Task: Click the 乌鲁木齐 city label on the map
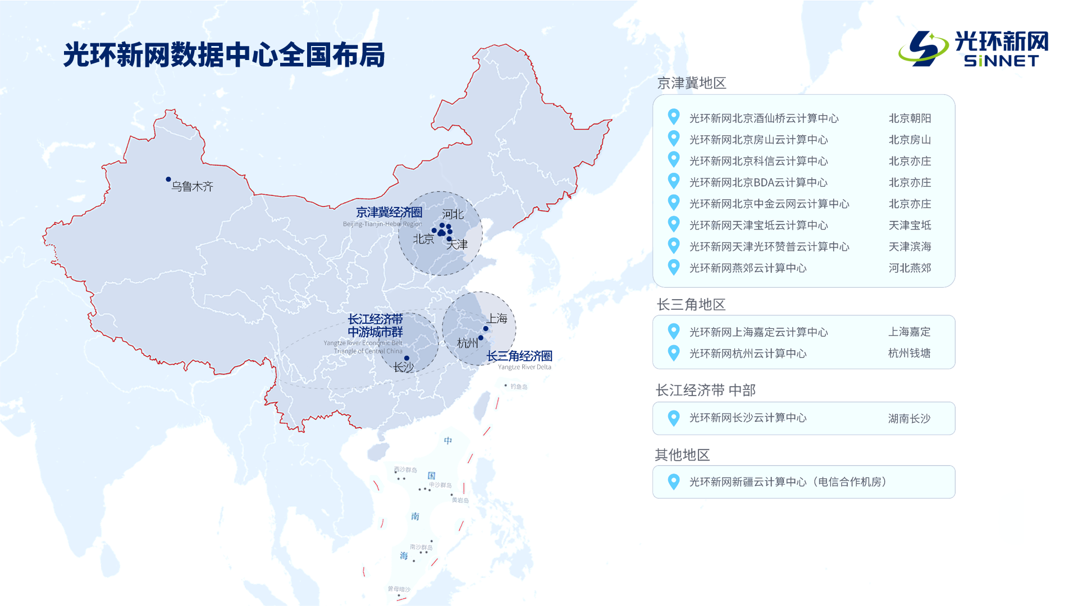(193, 186)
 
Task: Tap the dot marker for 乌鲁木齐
(168, 180)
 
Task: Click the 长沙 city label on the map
(403, 367)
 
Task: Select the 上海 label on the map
(497, 318)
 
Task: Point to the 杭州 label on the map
(467, 343)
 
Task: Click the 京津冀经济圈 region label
(389, 212)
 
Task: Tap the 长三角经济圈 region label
(519, 356)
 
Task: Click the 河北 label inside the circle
(453, 214)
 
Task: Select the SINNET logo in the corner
(974, 49)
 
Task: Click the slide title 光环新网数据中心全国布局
(224, 55)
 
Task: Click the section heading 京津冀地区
(691, 83)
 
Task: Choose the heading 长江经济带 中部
(705, 390)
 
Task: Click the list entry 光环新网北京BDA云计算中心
(758, 182)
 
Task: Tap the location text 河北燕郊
(910, 268)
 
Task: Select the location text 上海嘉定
(909, 332)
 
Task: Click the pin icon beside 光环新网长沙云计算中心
(674, 417)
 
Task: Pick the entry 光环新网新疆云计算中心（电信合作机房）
(788, 481)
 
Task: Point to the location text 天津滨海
(910, 246)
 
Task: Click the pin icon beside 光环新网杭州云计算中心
(674, 353)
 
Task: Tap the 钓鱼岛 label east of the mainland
(519, 387)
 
